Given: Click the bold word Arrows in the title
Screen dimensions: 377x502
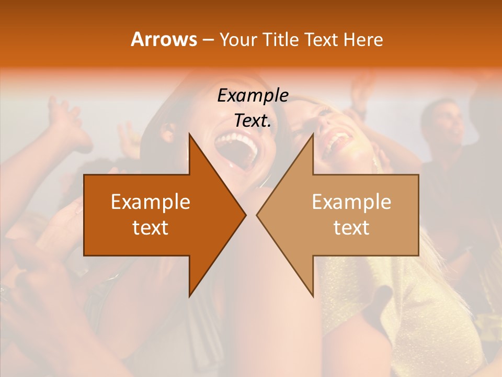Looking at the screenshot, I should click(x=164, y=39).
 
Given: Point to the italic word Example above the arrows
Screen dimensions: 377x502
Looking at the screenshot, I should click(x=253, y=96).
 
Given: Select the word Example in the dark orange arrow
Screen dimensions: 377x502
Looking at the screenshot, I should click(x=151, y=202).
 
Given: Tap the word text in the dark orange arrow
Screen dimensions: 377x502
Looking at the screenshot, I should click(x=151, y=228).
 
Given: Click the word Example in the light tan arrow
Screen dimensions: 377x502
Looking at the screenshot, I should click(x=351, y=202).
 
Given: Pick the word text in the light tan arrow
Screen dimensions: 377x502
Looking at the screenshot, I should click(x=351, y=228).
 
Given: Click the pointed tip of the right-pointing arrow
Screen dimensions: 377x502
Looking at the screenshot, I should click(x=246, y=215).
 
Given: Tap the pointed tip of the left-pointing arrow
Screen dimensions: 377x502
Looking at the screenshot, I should click(x=257, y=215).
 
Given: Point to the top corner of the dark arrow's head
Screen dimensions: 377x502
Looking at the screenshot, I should click(x=189, y=134).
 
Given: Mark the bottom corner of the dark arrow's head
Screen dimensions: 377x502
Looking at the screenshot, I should click(x=189, y=296).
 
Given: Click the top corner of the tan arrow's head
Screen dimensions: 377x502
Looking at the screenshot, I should click(x=313, y=134).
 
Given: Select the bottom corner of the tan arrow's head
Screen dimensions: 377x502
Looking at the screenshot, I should click(x=313, y=296).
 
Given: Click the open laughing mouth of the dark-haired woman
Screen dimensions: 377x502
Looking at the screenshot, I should click(x=238, y=149).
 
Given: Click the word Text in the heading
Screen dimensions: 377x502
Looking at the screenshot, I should click(x=321, y=39).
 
